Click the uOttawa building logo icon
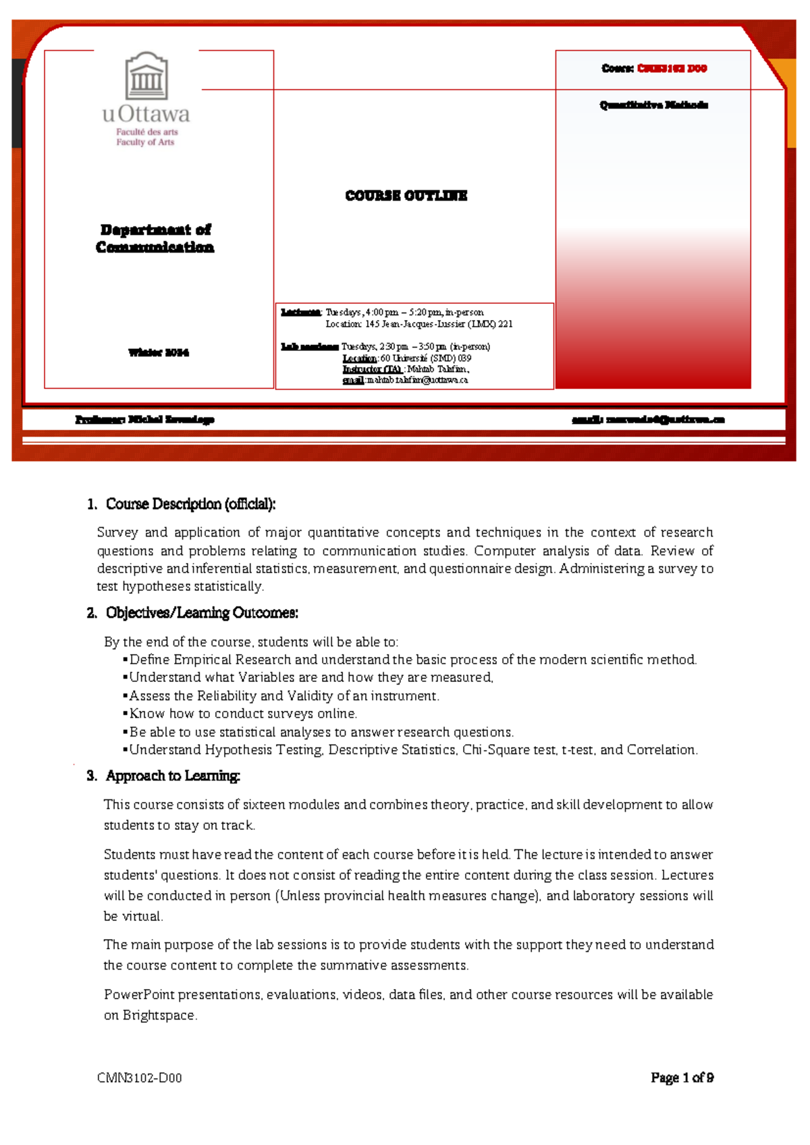click(146, 76)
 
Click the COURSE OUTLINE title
click(406, 196)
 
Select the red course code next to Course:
click(672, 68)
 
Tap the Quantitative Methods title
click(653, 105)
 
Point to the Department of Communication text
click(155, 238)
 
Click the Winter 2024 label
click(159, 352)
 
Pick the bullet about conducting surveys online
click(243, 714)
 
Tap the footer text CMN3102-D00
click(139, 1078)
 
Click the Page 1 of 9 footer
click(682, 1078)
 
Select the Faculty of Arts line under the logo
click(145, 142)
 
